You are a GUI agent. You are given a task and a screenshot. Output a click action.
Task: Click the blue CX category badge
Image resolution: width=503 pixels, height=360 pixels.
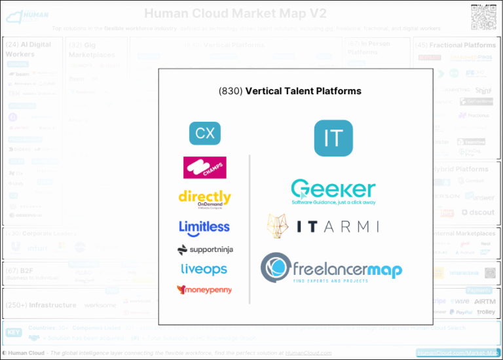coord(205,133)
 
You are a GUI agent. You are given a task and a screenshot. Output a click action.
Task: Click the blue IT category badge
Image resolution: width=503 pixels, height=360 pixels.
coord(333,138)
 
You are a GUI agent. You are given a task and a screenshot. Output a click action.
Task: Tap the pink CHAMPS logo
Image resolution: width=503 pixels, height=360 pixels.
coord(205,168)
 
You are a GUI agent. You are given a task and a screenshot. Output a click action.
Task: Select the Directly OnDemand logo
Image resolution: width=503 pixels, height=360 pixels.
coord(205,198)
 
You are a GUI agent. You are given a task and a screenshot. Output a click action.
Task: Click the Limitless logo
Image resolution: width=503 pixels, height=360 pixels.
coord(204,227)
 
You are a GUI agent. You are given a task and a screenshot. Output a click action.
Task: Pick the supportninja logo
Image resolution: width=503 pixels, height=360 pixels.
coord(205,249)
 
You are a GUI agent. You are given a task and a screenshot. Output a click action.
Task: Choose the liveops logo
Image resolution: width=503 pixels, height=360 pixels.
coord(204,269)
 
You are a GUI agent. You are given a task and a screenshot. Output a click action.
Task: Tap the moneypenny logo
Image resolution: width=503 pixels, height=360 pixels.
coord(204,289)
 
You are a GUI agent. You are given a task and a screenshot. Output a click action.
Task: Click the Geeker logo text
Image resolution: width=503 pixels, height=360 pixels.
coord(333,189)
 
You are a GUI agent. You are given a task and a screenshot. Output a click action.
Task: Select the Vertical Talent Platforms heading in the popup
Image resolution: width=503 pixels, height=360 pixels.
coord(303,91)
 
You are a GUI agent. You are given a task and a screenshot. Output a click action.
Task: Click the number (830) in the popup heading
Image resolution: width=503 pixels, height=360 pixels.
coord(230,91)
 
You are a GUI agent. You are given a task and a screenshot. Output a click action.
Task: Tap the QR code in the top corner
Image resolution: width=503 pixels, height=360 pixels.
coord(483,16)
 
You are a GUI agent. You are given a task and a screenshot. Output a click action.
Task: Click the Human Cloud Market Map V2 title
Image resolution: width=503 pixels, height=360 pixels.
coord(235,14)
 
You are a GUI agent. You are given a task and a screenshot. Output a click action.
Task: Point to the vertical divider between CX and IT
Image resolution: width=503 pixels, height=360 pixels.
coord(250,229)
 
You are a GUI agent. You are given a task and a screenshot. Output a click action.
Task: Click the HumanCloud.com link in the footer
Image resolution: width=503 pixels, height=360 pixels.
coord(308,353)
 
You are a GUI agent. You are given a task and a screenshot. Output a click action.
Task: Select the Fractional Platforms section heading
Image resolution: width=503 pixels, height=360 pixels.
coord(462,45)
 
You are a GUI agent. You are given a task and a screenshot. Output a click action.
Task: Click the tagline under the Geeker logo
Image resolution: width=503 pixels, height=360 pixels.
coord(333,202)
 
